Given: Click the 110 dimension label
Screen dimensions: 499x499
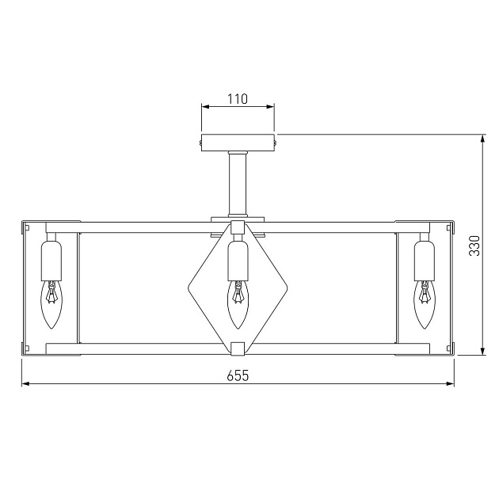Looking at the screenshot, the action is (x=238, y=99).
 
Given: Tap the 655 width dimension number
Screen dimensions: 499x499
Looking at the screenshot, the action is (x=238, y=376).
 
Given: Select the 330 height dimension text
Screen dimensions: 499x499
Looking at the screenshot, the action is (x=474, y=246).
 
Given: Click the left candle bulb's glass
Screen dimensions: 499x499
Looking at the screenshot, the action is (x=51, y=304).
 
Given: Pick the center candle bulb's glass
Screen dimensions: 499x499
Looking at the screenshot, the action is (x=238, y=304).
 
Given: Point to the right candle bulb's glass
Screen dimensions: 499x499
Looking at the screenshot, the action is (x=425, y=304).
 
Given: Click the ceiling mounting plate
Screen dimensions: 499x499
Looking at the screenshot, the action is (x=238, y=143).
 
